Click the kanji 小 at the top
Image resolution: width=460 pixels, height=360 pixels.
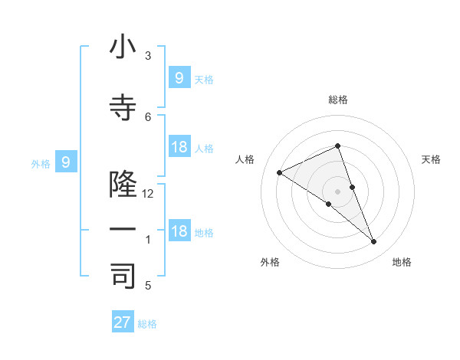123,47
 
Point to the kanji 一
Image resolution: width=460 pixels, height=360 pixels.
123,230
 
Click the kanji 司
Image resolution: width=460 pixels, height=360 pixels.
123,277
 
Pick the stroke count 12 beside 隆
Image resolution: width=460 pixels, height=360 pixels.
148,194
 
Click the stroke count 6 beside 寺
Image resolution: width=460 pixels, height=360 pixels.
148,116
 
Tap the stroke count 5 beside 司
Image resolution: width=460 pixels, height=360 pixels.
148,286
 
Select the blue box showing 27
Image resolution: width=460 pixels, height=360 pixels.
123,322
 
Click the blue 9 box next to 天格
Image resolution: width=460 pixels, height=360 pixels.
179,77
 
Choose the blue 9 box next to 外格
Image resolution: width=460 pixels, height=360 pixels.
66,162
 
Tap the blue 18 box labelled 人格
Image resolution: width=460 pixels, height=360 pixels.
179,147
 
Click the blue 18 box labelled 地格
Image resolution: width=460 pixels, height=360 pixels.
179,232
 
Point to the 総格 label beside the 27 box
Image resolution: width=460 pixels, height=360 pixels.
147,324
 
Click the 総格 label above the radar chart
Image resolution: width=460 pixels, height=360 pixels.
337,100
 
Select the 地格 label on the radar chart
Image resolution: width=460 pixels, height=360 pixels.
402,262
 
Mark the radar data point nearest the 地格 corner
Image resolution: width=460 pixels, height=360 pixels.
374,242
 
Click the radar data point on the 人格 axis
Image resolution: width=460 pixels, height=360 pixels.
279,172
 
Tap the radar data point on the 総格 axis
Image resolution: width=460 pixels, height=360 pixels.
337,146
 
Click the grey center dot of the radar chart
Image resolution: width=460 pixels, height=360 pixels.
337,191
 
